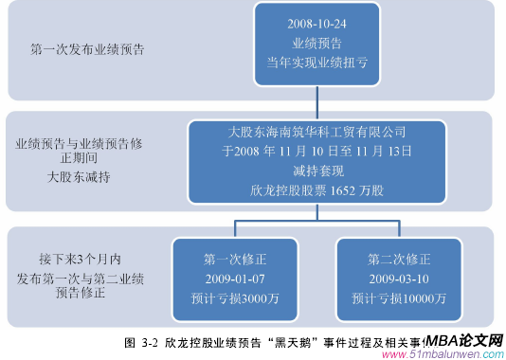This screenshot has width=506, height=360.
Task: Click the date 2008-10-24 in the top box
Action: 317,23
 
